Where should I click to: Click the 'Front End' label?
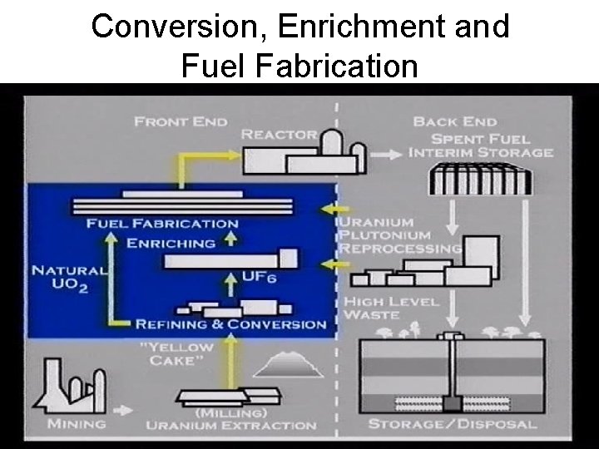(181, 121)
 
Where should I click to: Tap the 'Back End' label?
(448, 121)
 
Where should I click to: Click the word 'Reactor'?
(279, 135)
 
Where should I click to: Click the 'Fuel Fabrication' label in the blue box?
(162, 223)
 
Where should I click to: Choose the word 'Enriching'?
(171, 244)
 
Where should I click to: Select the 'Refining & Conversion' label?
(230, 323)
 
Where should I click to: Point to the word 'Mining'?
(77, 424)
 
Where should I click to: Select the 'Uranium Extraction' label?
(230, 425)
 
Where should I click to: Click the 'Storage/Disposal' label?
(452, 425)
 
